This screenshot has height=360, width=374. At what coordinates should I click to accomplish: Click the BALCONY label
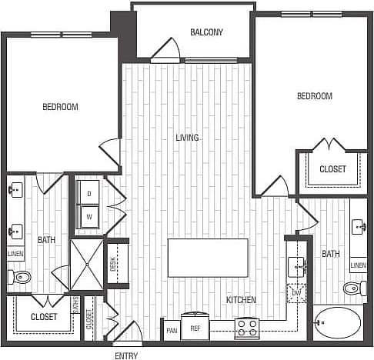(206, 32)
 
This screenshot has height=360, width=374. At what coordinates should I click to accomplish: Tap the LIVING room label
(187, 138)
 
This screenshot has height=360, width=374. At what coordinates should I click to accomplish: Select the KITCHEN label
(241, 299)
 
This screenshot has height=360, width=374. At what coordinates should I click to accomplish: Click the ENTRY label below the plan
(126, 355)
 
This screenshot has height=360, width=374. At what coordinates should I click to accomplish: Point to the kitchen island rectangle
(208, 257)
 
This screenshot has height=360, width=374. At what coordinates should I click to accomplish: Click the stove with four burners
(246, 328)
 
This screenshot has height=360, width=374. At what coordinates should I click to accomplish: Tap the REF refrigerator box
(195, 328)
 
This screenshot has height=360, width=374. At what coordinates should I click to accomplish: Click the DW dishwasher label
(297, 293)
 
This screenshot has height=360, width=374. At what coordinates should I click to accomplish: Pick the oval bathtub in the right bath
(336, 324)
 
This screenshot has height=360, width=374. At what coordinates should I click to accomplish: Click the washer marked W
(88, 216)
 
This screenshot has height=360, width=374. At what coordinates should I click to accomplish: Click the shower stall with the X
(86, 264)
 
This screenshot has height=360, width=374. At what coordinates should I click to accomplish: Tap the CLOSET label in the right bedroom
(332, 169)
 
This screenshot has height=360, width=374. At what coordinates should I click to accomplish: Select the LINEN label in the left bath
(15, 253)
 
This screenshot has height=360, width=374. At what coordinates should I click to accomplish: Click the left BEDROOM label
(60, 107)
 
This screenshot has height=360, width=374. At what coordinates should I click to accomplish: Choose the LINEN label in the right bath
(358, 265)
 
